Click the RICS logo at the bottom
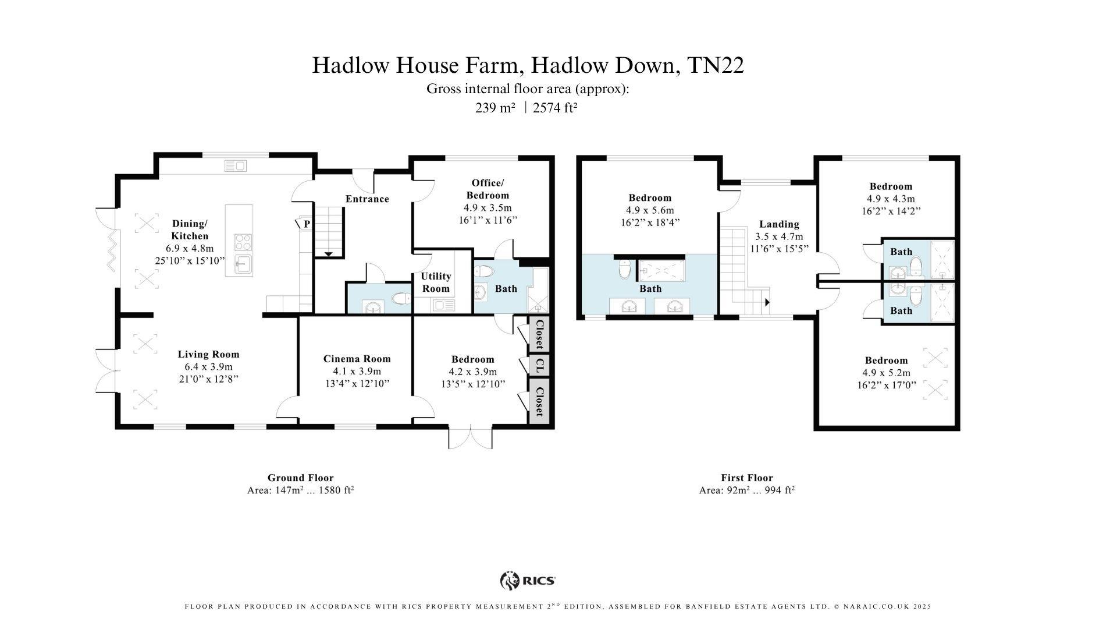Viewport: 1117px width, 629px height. tap(528, 580)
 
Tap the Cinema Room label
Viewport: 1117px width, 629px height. tap(357, 359)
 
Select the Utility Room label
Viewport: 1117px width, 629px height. tap(436, 282)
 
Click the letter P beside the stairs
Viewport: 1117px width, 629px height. tap(306, 224)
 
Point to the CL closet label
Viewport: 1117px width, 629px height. tap(539, 366)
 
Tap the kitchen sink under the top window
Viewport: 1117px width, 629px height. tap(236, 167)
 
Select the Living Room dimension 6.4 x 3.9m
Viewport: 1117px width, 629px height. tap(208, 366)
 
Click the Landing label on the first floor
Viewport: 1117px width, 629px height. tap(779, 224)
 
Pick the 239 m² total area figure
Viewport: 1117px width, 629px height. tap(495, 108)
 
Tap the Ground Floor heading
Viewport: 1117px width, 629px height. tap(300, 478)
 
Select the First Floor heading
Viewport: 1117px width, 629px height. tap(746, 478)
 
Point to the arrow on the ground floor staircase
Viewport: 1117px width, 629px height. tap(328, 254)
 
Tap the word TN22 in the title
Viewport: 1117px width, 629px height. tap(715, 65)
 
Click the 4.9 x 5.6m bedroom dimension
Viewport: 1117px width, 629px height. tap(650, 210)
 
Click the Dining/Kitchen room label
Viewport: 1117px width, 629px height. tap(190, 229)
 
